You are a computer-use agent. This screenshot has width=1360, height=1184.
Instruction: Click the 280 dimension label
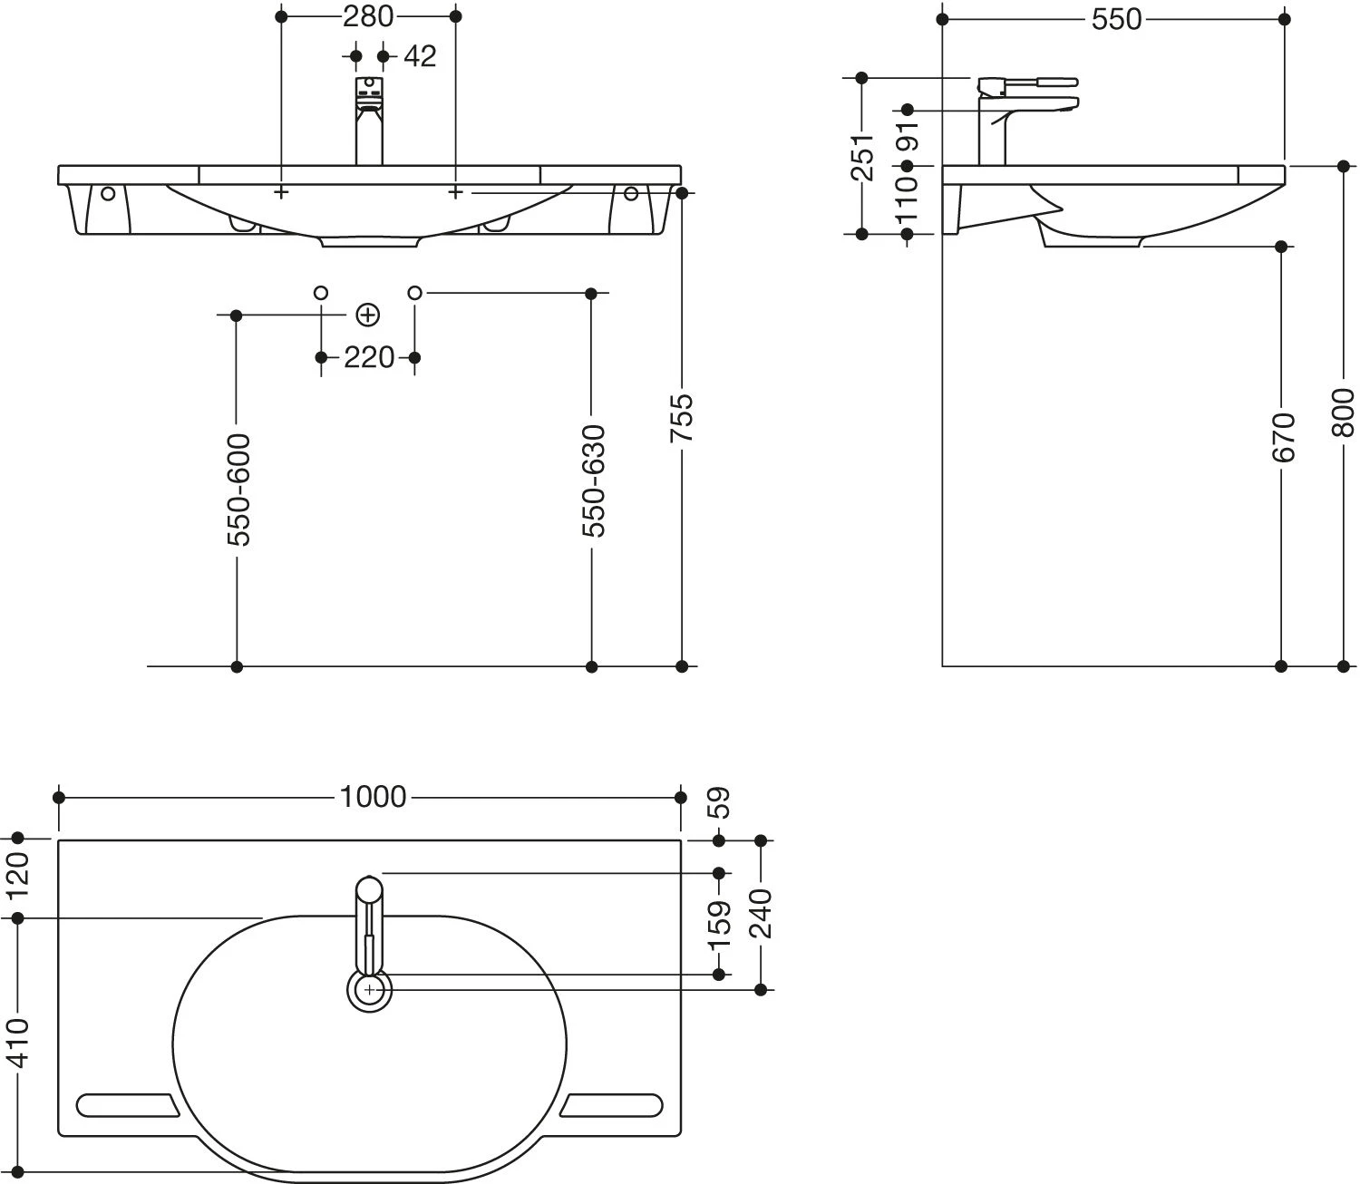click(x=368, y=16)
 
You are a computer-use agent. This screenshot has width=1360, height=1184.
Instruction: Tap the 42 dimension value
click(x=419, y=56)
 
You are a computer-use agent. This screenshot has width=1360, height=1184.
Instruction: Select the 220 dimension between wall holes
click(x=369, y=358)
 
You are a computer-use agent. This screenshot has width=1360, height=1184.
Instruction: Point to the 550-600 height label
click(x=238, y=490)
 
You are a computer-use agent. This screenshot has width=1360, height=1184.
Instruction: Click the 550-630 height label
click(x=592, y=480)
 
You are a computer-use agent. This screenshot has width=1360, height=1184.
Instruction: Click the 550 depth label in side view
click(x=1115, y=19)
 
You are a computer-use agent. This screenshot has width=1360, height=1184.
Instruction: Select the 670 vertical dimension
click(x=1282, y=437)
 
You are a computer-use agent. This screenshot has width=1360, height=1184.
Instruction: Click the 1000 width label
click(x=373, y=797)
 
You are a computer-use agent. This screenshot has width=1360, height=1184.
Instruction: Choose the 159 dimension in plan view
click(x=720, y=923)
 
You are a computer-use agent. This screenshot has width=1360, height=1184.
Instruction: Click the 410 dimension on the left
click(x=18, y=1043)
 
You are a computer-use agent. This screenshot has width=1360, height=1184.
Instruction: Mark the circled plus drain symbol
click(x=367, y=315)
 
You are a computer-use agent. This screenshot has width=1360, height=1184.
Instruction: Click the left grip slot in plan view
click(x=127, y=1106)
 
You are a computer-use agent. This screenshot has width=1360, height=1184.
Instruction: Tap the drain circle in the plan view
click(x=369, y=990)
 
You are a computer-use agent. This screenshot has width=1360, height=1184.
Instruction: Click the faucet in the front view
click(x=368, y=122)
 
